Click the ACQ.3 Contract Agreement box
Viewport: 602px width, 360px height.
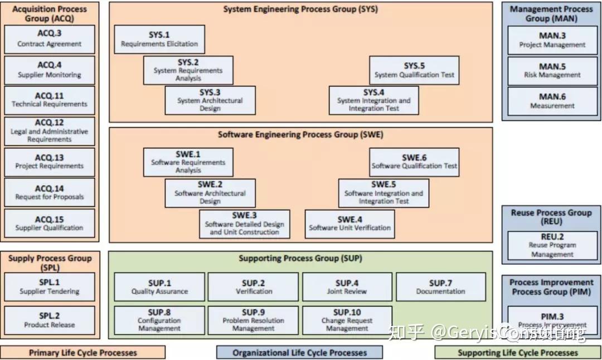point(50,39)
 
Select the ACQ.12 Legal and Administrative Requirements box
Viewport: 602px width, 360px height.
point(50,131)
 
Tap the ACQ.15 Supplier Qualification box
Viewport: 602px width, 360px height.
point(50,223)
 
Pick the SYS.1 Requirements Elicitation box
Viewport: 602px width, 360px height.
point(159,39)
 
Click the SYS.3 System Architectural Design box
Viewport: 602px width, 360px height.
point(210,100)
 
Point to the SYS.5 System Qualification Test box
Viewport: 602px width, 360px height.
point(414,70)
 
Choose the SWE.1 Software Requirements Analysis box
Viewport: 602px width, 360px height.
point(188,162)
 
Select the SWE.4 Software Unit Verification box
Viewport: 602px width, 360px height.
point(349,223)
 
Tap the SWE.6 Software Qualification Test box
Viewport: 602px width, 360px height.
point(414,162)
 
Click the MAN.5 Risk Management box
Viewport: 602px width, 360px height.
point(552,70)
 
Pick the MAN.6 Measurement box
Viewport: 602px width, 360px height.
point(552,101)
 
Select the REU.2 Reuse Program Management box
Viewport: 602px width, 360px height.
point(552,245)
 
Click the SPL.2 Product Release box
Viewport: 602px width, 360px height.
point(50,320)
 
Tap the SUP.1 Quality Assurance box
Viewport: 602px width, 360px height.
point(159,286)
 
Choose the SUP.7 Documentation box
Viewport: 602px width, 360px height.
point(440,286)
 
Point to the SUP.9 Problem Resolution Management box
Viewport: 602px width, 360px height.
point(253,320)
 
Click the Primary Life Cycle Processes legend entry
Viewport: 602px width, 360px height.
point(82,352)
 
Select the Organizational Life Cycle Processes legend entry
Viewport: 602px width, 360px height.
point(299,352)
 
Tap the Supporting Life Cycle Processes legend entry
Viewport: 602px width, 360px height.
point(517,352)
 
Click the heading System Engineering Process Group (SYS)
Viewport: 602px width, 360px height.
point(300,9)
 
